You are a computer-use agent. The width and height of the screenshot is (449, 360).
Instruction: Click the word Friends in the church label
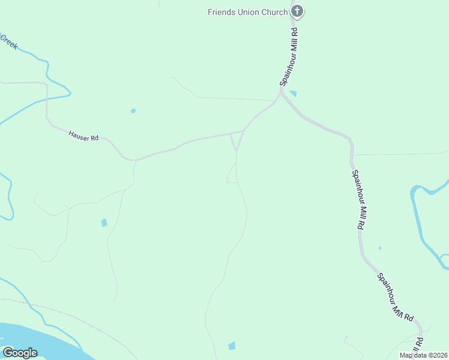click(221, 12)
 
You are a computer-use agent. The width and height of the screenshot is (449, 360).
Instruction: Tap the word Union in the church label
click(249, 12)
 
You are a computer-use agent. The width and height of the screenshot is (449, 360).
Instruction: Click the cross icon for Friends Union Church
click(297, 11)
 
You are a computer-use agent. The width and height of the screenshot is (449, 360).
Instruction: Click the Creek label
click(8, 42)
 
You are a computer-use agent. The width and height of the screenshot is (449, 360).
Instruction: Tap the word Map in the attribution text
click(406, 355)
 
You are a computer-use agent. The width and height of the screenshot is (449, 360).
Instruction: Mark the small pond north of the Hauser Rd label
click(133, 110)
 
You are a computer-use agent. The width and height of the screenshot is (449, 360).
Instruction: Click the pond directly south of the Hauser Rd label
click(104, 223)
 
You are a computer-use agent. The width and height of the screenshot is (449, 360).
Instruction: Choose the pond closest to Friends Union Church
click(293, 93)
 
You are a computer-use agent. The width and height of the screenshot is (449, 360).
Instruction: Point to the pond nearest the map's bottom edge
click(232, 346)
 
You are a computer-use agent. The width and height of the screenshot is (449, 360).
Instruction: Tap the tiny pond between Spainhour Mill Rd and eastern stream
click(380, 248)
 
